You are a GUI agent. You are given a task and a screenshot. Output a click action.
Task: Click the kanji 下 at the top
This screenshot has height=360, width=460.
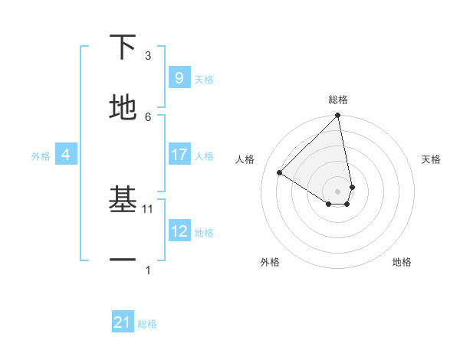pyautogui.click(x=123, y=47)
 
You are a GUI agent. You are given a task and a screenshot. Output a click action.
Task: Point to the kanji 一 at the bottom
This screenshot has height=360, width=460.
pyautogui.click(x=123, y=260)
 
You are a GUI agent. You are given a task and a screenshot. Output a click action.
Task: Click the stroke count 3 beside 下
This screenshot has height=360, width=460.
pyautogui.click(x=148, y=56)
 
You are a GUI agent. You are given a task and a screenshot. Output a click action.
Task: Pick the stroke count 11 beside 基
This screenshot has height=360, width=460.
pyautogui.click(x=149, y=208)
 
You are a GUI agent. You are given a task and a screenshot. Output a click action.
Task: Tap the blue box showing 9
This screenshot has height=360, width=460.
pyautogui.click(x=179, y=77)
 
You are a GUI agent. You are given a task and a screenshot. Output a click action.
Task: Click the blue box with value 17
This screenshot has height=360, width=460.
pyautogui.click(x=179, y=155)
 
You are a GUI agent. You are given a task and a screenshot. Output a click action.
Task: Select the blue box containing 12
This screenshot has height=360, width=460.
pyautogui.click(x=179, y=231)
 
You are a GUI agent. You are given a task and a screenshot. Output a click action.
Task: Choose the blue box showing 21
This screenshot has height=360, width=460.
pyautogui.click(x=123, y=322)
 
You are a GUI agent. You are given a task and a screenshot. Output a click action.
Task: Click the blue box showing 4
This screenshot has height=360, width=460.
pyautogui.click(x=66, y=155)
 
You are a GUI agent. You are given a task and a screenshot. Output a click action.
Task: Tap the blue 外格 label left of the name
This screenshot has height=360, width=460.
pyautogui.click(x=41, y=155)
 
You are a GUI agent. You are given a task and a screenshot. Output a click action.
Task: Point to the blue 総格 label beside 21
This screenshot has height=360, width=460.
pyautogui.click(x=147, y=324)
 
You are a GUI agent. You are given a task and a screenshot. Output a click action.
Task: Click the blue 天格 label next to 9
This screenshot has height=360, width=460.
pyautogui.click(x=204, y=79)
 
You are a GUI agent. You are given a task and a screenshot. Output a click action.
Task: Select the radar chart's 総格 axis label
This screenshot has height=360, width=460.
pyautogui.click(x=337, y=100)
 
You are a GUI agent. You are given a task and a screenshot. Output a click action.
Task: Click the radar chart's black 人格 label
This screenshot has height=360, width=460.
pyautogui.click(x=245, y=159)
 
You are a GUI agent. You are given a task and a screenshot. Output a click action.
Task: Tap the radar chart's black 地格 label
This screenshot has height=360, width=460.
pyautogui.click(x=402, y=262)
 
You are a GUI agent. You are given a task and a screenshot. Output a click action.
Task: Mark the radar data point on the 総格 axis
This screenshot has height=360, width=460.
pyautogui.click(x=337, y=116)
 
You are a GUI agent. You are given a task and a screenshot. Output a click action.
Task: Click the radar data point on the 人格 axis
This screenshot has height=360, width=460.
pyautogui.click(x=280, y=173)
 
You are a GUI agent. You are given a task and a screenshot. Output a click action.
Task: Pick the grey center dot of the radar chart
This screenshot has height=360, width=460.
pyautogui.click(x=337, y=191)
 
